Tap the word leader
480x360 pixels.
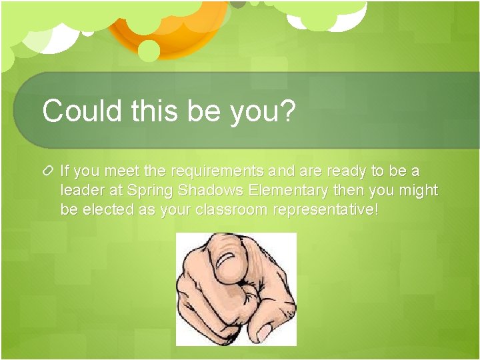point(80,191)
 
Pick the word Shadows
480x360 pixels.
point(211,191)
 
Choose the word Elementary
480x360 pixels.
point(288,191)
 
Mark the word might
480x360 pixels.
point(418,191)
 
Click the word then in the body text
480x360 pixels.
point(347,191)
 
